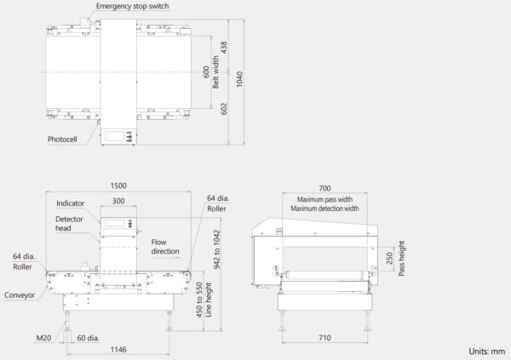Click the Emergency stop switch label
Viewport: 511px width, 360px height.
coord(132,6)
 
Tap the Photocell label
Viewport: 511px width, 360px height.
coord(62,140)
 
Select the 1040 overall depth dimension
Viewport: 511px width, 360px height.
coord(239,79)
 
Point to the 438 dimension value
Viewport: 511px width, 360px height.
coord(224,48)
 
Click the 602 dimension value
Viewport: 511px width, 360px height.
coord(224,109)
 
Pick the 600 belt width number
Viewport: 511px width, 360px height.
coord(206,72)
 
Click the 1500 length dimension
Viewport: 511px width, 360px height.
coord(118,186)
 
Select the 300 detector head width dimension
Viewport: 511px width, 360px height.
coord(118,201)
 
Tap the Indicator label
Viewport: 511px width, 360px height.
coord(71,203)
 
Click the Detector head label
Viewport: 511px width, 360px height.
coord(69,224)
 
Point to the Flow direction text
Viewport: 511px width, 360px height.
coord(165,247)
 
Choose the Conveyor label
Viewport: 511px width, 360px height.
coord(20,295)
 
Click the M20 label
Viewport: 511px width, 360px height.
coord(43,338)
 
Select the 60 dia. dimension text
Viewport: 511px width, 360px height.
coord(88,338)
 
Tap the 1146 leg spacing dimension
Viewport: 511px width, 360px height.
coord(118,350)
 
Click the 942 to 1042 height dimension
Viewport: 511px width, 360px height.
coord(216,250)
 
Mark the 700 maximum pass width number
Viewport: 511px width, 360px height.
coord(325,188)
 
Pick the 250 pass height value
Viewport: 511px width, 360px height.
coord(389,259)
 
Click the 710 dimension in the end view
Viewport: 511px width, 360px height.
coord(325,338)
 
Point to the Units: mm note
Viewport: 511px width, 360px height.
coord(487,351)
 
